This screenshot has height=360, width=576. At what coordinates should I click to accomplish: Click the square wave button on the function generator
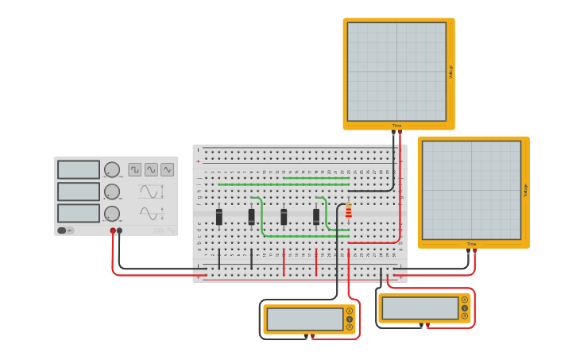click(x=135, y=169)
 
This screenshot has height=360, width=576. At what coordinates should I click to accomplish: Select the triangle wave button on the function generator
click(x=167, y=169)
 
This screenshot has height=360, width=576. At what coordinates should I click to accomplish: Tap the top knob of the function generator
click(x=112, y=169)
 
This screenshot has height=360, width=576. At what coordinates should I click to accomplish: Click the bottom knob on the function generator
click(x=112, y=214)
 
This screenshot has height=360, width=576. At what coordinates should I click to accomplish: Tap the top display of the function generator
click(x=79, y=169)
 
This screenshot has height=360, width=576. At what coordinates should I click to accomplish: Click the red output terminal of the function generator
click(x=113, y=230)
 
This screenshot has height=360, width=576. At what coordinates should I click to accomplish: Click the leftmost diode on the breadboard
click(x=219, y=216)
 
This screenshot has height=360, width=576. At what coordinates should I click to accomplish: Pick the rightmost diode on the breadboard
click(x=316, y=216)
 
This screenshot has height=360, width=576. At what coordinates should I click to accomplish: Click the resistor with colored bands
click(x=348, y=210)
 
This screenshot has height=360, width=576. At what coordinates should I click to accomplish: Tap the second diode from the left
click(x=252, y=216)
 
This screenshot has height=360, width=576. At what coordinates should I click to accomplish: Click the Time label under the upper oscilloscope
click(x=396, y=126)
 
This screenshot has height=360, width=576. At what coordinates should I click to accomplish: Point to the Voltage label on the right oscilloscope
click(x=525, y=190)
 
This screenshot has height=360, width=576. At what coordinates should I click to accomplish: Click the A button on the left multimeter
click(x=349, y=311)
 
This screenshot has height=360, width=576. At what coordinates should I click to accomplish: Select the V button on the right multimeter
click(x=465, y=308)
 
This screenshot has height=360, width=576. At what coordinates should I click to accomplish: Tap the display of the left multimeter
click(x=305, y=319)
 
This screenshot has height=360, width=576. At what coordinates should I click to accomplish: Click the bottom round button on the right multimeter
click(x=465, y=315)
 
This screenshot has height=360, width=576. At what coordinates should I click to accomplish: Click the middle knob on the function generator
click(x=112, y=192)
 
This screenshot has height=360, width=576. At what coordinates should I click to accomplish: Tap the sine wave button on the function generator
click(x=151, y=169)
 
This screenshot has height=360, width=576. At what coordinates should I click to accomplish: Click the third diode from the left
click(x=284, y=216)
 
